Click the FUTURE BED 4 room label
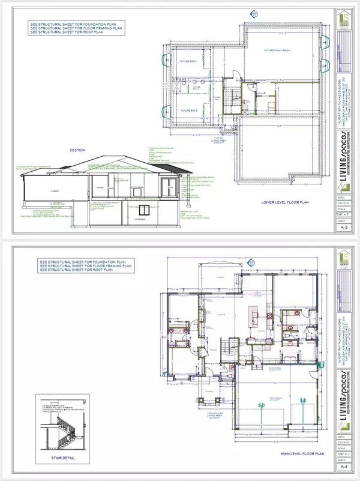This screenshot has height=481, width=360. (188, 62)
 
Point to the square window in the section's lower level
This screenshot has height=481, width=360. (144, 210)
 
